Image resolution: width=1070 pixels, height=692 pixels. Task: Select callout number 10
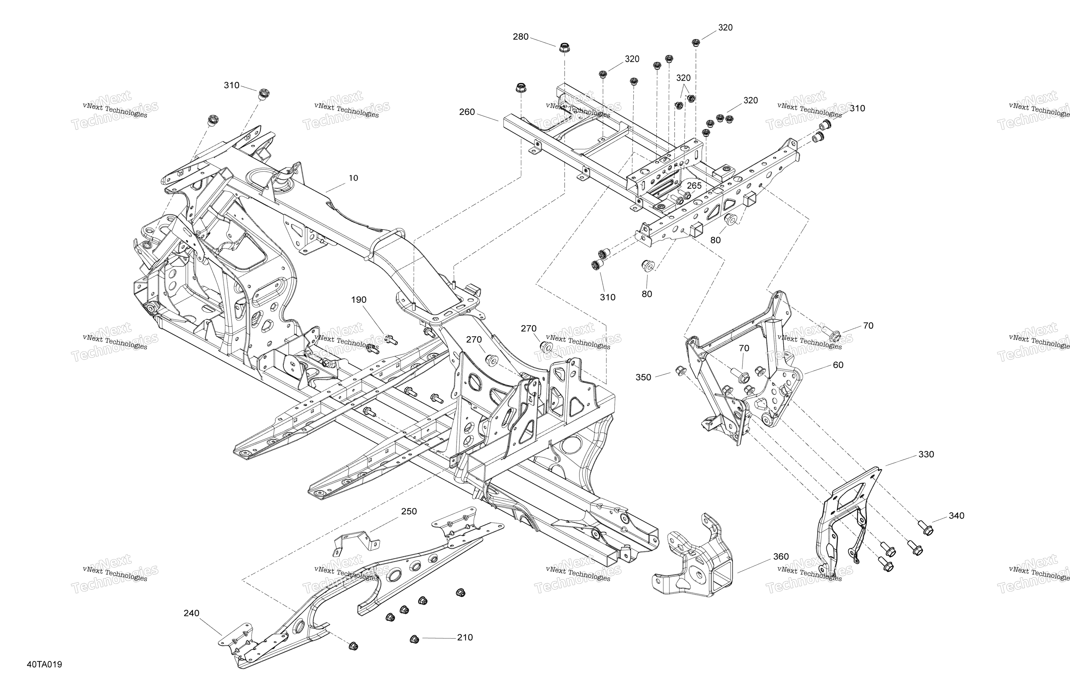point(353,178)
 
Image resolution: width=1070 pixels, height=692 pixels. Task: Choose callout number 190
point(359,300)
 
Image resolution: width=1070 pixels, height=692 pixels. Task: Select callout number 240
point(192,613)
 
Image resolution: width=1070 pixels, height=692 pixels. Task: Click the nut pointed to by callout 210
point(414,639)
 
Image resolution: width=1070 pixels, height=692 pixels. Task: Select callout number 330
point(926,454)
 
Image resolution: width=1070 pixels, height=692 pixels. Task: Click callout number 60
point(838,365)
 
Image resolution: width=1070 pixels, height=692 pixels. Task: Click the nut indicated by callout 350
point(680,370)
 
